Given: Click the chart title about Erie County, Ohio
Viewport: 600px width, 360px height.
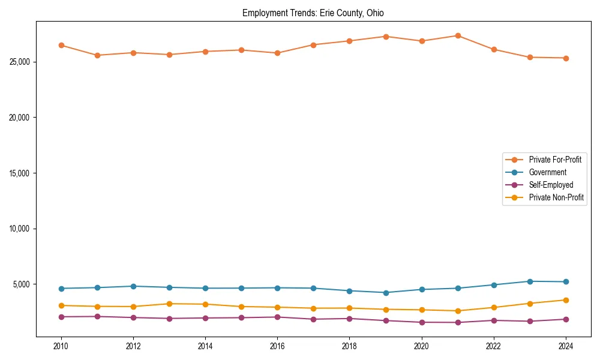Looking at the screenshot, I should (313, 13).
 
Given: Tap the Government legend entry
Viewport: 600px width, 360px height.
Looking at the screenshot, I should (547, 172).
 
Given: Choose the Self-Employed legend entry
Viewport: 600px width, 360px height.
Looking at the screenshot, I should (551, 185).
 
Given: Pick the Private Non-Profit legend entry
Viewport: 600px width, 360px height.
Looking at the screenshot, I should (556, 197).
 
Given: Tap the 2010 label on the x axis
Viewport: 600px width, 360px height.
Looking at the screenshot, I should (61, 346).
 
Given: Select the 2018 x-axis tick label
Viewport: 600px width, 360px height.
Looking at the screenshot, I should (349, 346).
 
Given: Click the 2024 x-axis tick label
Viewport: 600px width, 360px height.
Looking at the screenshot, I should (566, 346).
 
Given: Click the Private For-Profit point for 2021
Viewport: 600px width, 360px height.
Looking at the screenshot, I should (458, 35).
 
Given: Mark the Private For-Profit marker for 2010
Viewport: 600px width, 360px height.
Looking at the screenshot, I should (61, 45).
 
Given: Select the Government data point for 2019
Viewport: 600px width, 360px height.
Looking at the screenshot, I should (386, 293).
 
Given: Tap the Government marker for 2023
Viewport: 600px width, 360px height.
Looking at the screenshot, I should (530, 281).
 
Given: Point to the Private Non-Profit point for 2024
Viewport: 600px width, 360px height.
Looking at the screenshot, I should (566, 300).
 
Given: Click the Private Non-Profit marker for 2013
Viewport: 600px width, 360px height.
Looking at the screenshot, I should (169, 304).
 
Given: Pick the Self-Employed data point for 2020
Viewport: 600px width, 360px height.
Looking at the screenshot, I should (422, 322).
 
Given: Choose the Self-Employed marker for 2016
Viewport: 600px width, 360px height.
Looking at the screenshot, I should (277, 317).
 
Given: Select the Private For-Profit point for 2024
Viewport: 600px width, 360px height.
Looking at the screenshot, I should (566, 58).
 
